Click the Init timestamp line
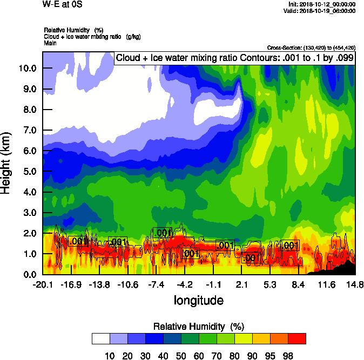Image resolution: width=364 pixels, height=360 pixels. [322, 4]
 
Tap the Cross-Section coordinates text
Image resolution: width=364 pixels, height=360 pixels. [311, 47]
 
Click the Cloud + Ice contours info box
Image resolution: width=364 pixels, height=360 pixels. [234, 58]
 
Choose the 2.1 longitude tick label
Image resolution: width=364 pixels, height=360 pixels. [241, 284]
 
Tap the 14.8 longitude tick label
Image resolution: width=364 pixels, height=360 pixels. [354, 284]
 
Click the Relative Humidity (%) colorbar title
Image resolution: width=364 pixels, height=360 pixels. [199, 327]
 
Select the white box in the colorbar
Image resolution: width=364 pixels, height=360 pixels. [101, 338]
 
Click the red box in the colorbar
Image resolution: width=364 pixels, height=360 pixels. [297, 338]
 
